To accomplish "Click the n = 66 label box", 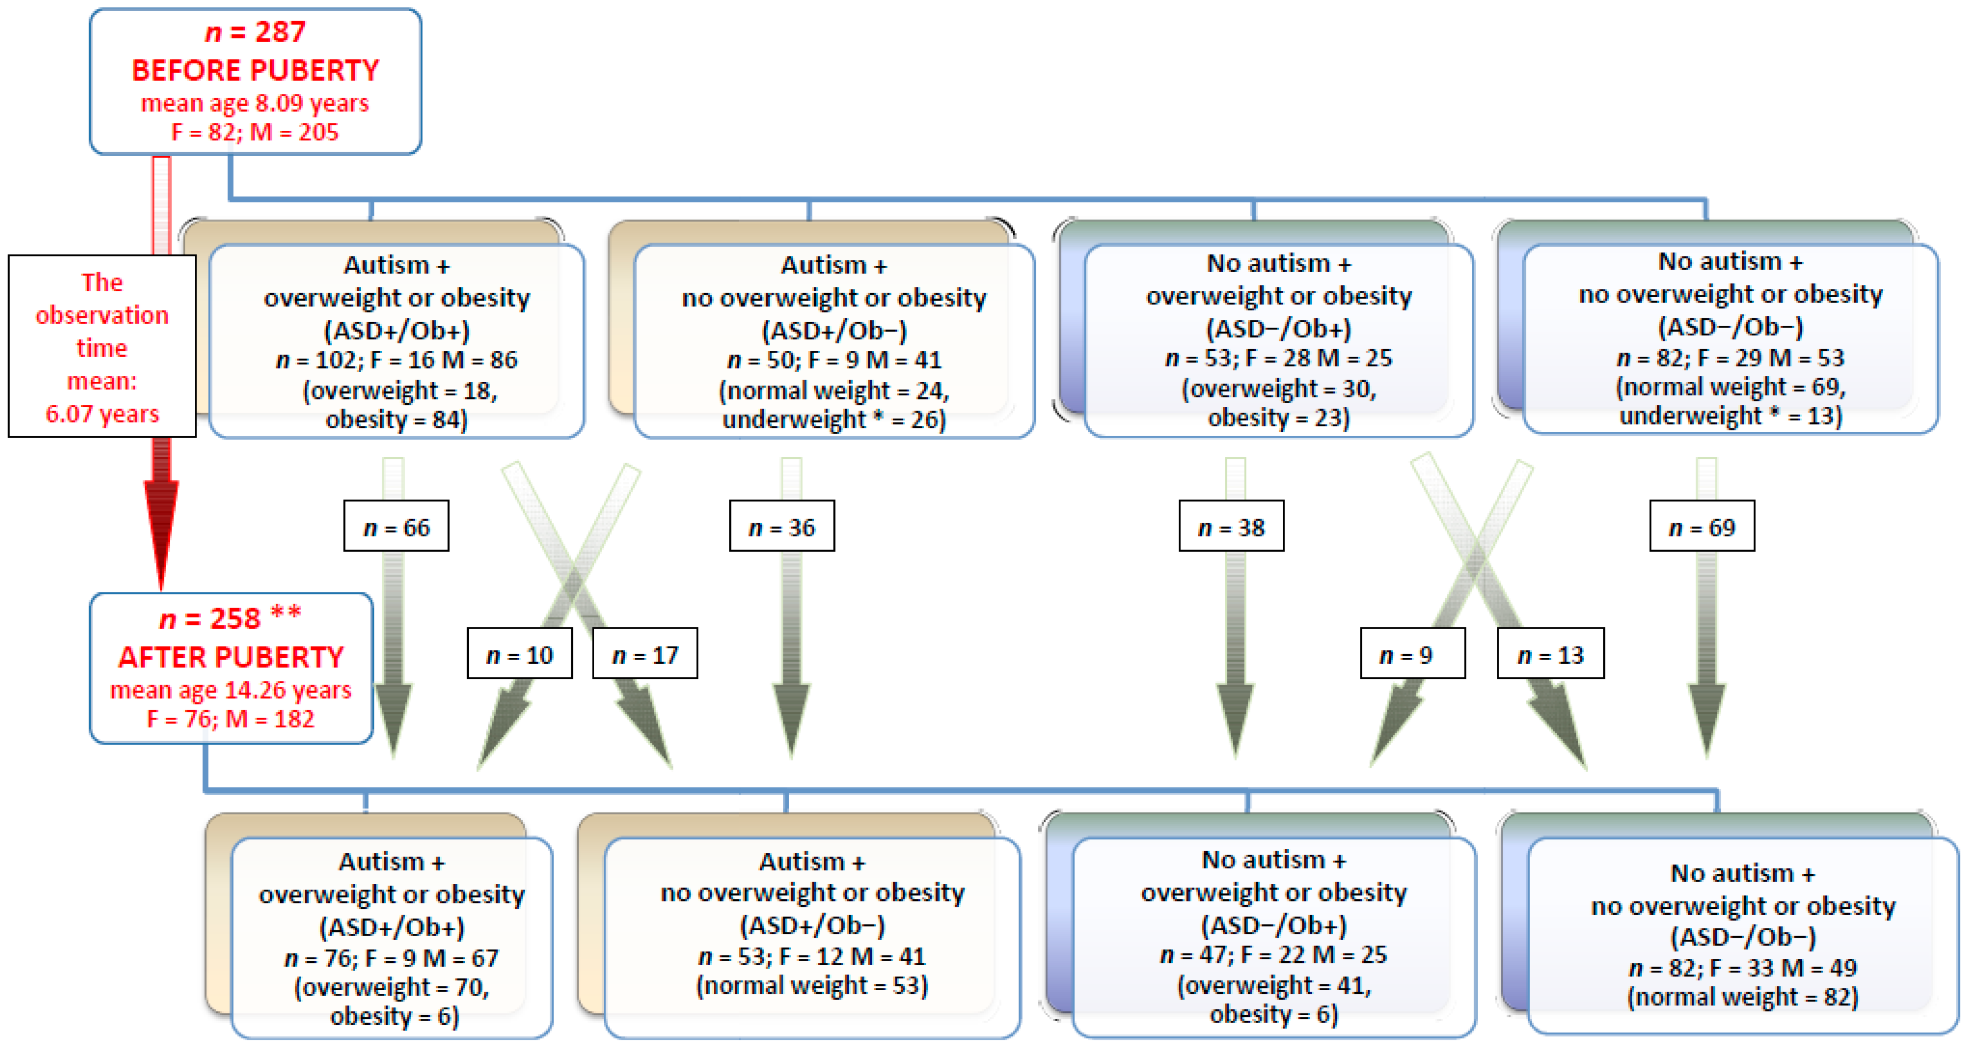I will pyautogui.click(x=396, y=527).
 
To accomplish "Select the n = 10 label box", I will pyautogui.click(x=520, y=654).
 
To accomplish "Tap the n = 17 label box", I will pyautogui.click(x=645, y=654).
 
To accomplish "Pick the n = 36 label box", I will pyautogui.click(x=782, y=527).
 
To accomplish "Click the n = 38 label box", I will pyautogui.click(x=1231, y=527).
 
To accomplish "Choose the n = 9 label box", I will pyautogui.click(x=1413, y=654).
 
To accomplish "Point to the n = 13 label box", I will pyautogui.click(x=1550, y=654).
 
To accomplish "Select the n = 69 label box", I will pyautogui.click(x=1702, y=527).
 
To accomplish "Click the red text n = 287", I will pyautogui.click(x=255, y=32).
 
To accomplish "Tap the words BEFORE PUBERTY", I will pyautogui.click(x=255, y=70).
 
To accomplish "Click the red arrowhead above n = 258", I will pyautogui.click(x=161, y=535).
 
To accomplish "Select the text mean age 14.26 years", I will pyautogui.click(x=231, y=690).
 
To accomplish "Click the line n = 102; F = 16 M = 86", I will pyautogui.click(x=397, y=360).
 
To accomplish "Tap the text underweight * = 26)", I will pyautogui.click(x=834, y=420).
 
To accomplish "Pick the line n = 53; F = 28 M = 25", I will pyautogui.click(x=1279, y=358).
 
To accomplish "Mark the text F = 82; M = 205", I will pyautogui.click(x=255, y=132).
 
